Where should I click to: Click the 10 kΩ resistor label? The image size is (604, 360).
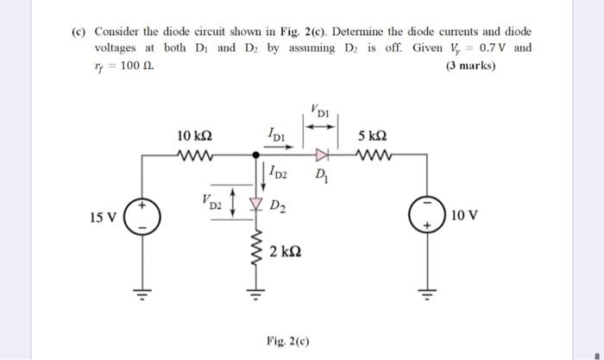click(x=195, y=136)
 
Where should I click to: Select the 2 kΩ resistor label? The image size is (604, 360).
click(x=285, y=252)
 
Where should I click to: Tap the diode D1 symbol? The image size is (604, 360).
click(x=322, y=156)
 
